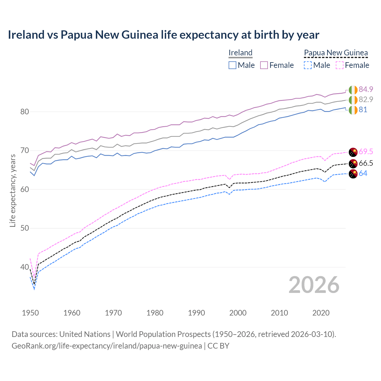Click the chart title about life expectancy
163,35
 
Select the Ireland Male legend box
232,65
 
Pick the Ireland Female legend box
264,65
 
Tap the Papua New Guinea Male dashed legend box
308,65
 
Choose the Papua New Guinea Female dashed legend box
340,65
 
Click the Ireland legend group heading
241,53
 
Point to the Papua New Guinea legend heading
336,53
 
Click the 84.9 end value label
366,89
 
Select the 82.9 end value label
366,99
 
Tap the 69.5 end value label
366,152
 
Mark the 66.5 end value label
366,163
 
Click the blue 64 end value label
363,173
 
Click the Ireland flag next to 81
353,110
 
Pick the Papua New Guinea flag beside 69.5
353,152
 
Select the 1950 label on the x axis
30,313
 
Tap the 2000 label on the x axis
238,313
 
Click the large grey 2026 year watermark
314,285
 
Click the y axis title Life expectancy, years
13,190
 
